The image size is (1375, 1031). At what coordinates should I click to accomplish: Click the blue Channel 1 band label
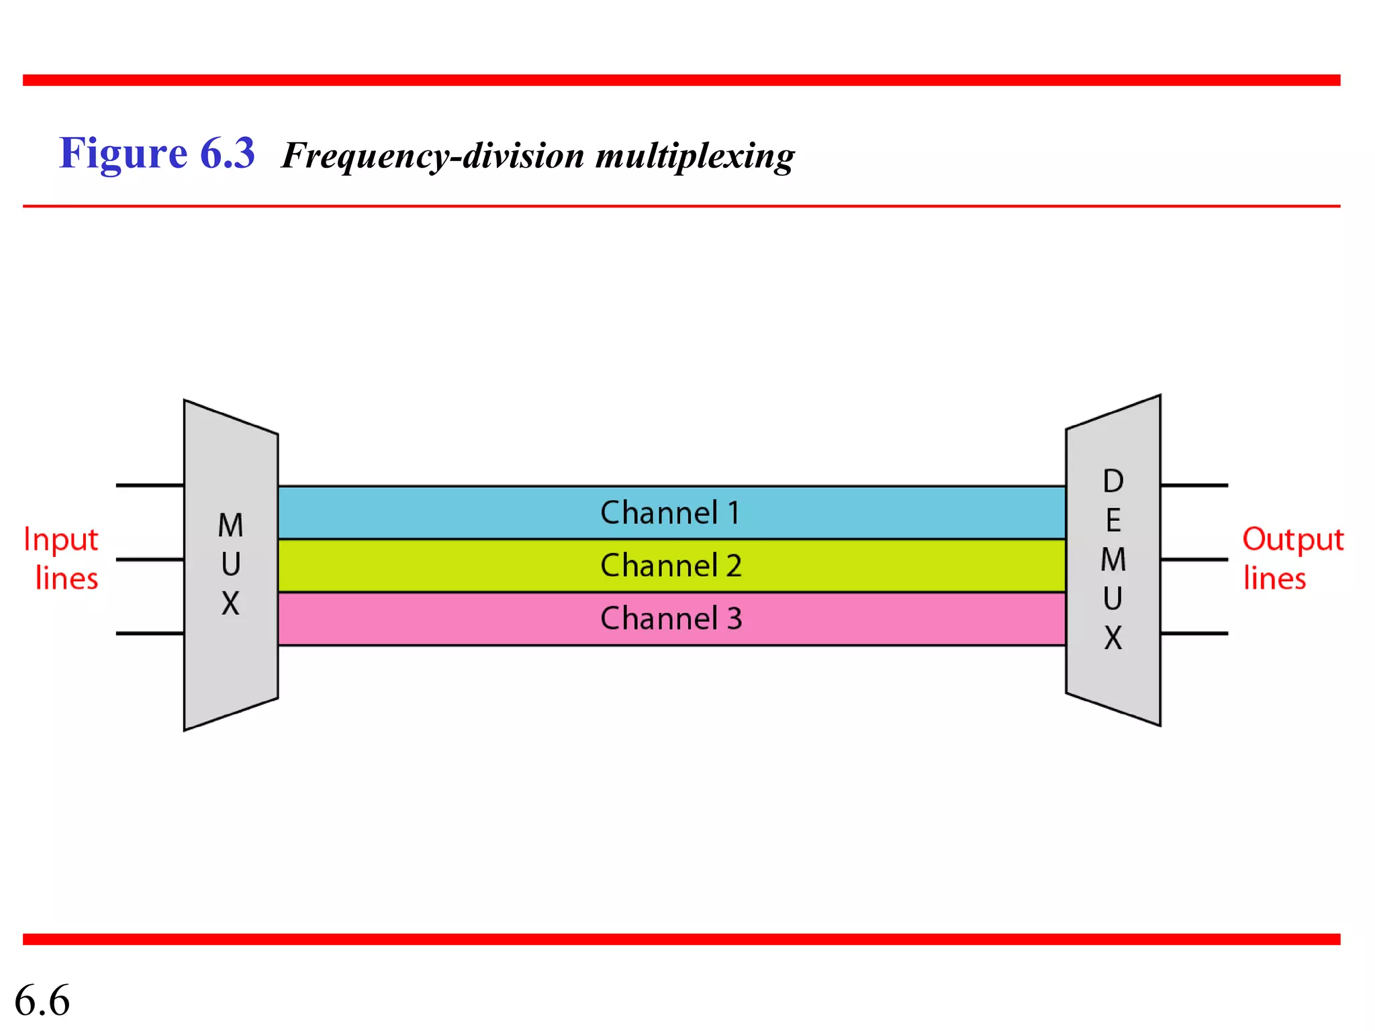670,513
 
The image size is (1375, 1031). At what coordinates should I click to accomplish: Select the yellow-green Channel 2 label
670,566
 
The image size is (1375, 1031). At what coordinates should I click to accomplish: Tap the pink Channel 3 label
670,618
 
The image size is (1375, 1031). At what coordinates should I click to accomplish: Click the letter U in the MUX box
230,564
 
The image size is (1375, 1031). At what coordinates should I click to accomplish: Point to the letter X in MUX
230,603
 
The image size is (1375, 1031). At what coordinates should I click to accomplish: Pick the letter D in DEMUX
1113,481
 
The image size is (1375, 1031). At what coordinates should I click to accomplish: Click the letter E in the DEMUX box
1113,521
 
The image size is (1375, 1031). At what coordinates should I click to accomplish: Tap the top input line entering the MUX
149,485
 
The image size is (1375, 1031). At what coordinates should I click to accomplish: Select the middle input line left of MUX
149,559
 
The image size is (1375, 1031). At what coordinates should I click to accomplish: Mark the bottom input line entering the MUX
149,633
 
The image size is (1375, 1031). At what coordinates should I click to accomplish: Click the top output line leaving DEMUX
1194,485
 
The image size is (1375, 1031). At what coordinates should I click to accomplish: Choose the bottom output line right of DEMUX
1194,633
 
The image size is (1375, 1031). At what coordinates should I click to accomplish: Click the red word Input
61,540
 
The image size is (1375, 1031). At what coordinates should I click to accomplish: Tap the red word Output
1292,540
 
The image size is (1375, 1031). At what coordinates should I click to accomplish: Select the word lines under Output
1274,579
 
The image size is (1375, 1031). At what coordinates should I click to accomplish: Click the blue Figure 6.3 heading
157,153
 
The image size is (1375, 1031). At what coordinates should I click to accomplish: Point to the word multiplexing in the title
695,156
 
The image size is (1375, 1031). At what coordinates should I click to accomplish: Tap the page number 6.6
42,1000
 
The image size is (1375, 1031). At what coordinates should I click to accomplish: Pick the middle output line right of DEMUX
1194,559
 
